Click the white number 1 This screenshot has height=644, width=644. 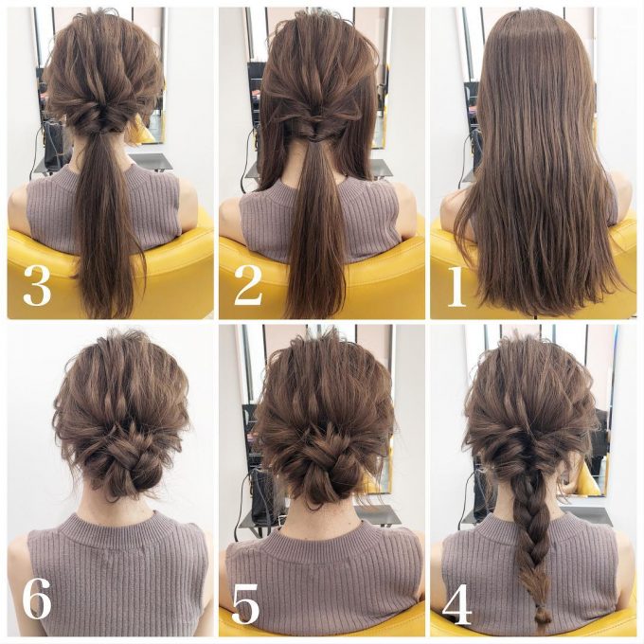click(456, 286)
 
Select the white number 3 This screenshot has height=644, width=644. click(37, 285)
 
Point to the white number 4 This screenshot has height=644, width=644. click(456, 604)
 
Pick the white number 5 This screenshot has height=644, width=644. click(245, 603)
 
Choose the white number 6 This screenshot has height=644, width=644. click(37, 603)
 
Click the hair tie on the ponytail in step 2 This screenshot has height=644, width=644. click(314, 141)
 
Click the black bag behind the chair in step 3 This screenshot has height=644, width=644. click(56, 144)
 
